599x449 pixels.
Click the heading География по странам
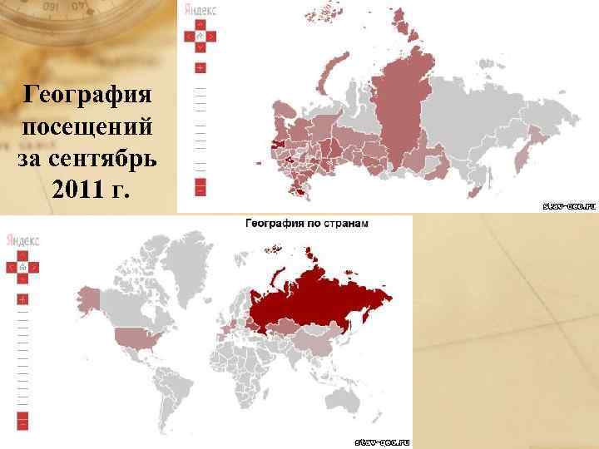point(307,223)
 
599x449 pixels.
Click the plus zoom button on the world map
point(22,299)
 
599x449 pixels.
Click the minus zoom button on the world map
point(22,422)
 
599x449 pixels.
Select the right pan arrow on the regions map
point(211,37)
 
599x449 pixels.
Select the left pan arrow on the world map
point(12,268)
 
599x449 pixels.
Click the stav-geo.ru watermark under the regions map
point(569,205)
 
